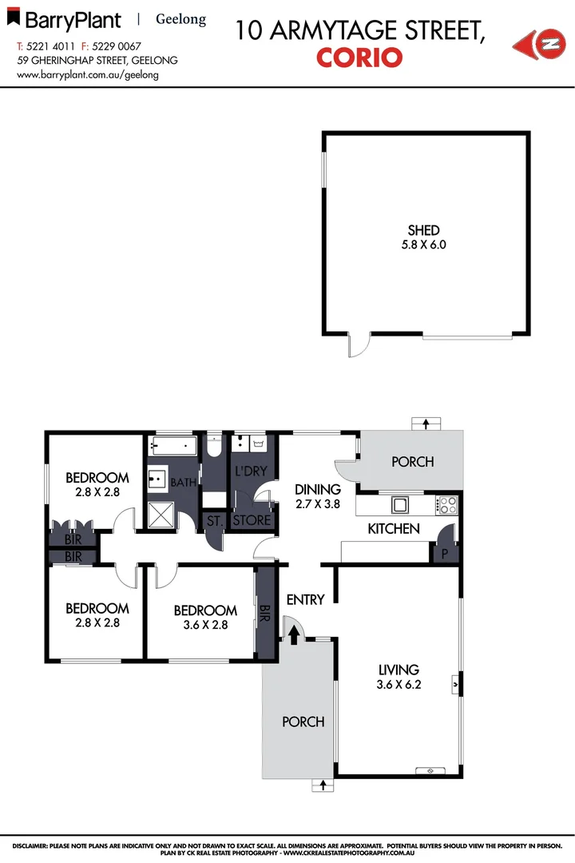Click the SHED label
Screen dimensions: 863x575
coord(424,231)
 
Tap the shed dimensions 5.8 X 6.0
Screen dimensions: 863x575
coord(424,245)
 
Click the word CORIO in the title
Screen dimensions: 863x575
coord(359,58)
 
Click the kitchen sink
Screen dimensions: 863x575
coord(399,504)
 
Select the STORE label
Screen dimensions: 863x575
coord(252,521)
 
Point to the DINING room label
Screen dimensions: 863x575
coord(318,489)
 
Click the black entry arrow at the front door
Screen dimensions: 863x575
coord(294,634)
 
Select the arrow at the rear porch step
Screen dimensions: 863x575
coord(426,424)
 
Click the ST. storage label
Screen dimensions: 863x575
coord(214,521)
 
